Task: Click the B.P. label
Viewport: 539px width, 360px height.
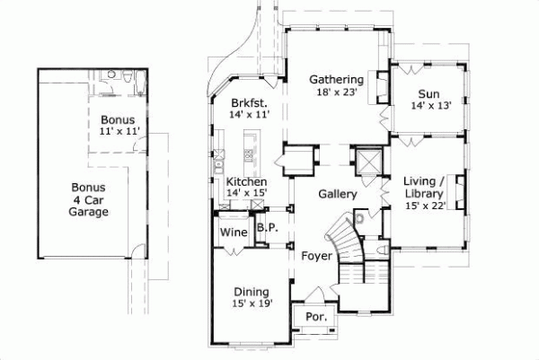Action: click(267, 228)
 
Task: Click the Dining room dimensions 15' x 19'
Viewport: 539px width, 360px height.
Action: click(252, 303)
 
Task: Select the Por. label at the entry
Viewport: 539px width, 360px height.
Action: click(315, 317)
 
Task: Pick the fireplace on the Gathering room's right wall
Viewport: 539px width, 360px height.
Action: click(382, 88)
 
